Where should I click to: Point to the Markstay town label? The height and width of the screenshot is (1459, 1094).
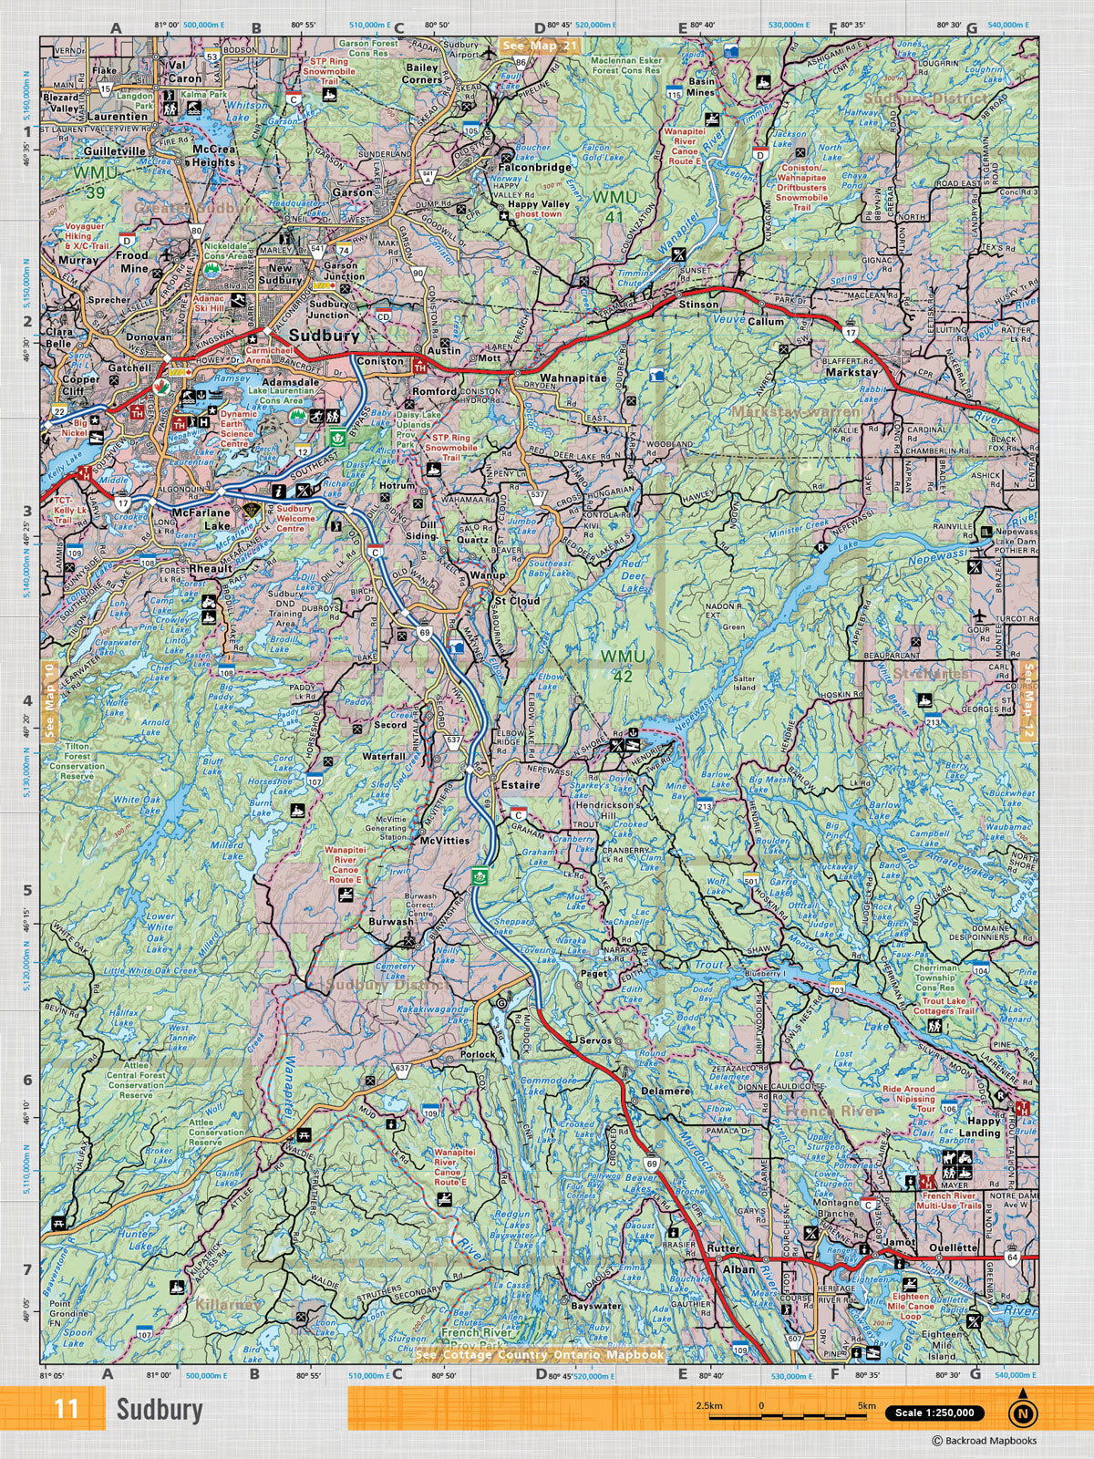[852, 372]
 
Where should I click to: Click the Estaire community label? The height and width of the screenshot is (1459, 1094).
[519, 784]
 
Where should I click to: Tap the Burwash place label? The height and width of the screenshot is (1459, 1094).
[391, 922]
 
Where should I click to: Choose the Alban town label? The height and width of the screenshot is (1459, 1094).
[738, 1268]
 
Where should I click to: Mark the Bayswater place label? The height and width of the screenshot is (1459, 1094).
[596, 1306]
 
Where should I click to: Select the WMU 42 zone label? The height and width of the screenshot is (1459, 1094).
[623, 666]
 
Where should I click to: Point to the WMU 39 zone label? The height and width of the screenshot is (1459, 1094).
[96, 181]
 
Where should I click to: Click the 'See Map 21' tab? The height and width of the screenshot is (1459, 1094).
[540, 45]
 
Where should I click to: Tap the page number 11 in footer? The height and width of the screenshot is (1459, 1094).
[66, 1409]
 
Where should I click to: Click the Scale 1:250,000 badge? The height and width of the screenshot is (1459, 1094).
[934, 1412]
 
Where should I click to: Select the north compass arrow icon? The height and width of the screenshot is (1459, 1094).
[1023, 1410]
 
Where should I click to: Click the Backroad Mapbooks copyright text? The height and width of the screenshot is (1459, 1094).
[984, 1441]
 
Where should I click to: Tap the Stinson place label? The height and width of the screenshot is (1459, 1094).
[698, 305]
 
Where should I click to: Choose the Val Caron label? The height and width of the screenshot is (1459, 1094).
[185, 72]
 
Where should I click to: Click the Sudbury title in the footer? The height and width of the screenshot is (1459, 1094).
[159, 1410]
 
